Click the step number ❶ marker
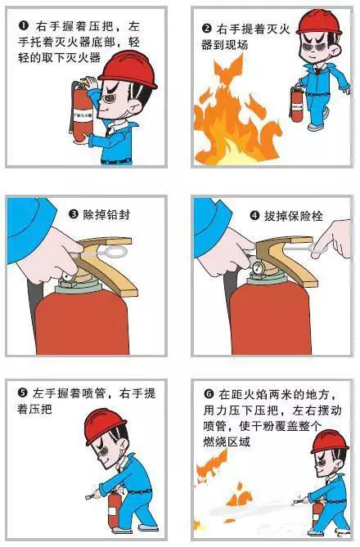[24, 25]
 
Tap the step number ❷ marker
[207, 29]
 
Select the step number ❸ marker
[74, 214]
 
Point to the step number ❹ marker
[255, 216]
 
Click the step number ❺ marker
[22, 393]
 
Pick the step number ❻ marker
[209, 395]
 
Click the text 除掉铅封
[106, 214]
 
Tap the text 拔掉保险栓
[293, 217]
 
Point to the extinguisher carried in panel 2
[297, 104]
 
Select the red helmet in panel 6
[329, 442]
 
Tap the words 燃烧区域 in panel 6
[227, 442]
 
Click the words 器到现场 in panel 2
[224, 45]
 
